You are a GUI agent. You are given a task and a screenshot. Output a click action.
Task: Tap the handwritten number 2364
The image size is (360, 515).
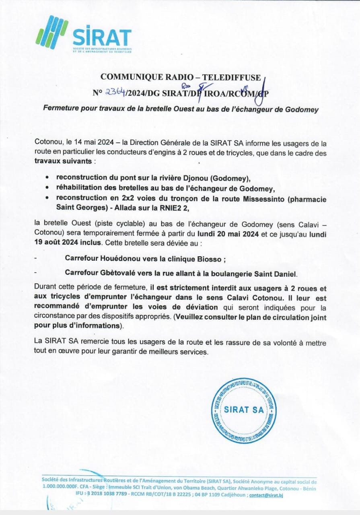(x=115, y=93)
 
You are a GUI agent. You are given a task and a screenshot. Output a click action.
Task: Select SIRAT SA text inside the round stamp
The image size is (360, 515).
(x=244, y=410)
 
